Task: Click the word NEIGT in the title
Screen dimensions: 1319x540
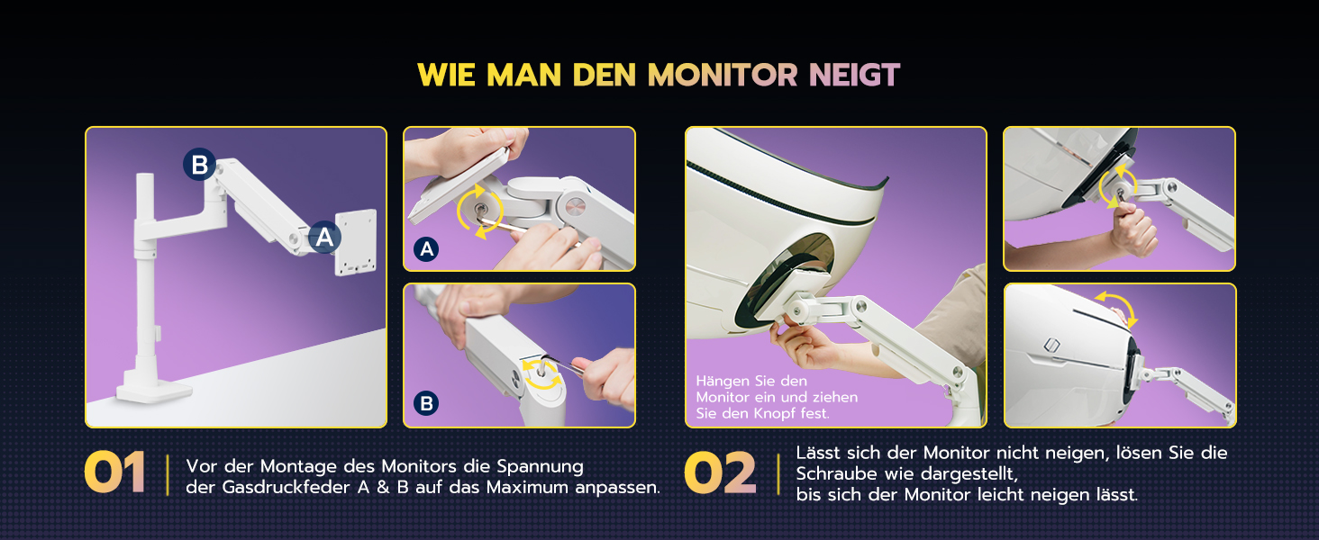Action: click(x=854, y=76)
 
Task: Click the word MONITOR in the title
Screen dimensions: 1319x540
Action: click(x=723, y=76)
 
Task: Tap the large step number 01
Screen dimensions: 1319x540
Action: click(x=114, y=472)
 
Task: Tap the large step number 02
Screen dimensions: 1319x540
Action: click(x=720, y=472)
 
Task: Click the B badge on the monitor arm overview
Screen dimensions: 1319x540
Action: click(x=199, y=164)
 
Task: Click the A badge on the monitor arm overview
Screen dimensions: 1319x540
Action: click(x=324, y=237)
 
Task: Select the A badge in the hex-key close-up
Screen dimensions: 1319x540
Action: click(x=426, y=249)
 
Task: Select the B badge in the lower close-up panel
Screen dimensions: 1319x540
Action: click(x=426, y=403)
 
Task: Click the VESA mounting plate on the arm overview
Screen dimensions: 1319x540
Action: click(x=356, y=242)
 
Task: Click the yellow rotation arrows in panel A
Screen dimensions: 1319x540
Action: click(x=480, y=211)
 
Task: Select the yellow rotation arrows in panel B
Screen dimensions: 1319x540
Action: click(x=541, y=374)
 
